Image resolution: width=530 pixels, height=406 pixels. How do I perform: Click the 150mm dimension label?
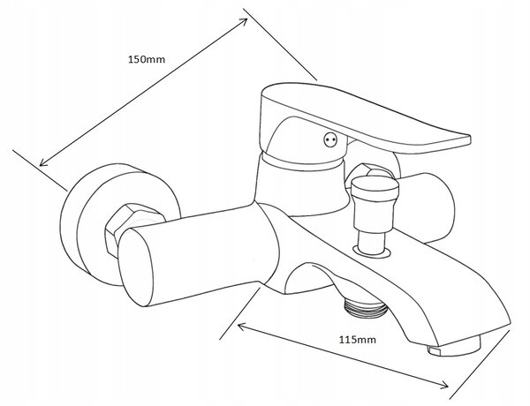point(147,59)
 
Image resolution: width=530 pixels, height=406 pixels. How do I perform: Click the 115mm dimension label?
point(357,340)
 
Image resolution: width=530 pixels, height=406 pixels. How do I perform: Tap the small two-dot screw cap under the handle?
point(330,139)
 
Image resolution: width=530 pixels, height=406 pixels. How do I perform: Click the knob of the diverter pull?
point(375,188)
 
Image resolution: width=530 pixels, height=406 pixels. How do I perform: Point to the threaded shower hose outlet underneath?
point(365,306)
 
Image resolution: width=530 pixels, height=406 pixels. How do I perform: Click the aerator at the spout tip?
point(453,347)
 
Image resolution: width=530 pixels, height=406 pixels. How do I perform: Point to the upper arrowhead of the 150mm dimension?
point(244,21)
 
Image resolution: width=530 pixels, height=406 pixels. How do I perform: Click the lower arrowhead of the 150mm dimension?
point(43,162)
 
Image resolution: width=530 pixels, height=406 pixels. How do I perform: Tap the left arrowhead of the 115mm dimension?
point(242,327)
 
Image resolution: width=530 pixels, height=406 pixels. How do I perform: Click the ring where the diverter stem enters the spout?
point(372,252)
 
